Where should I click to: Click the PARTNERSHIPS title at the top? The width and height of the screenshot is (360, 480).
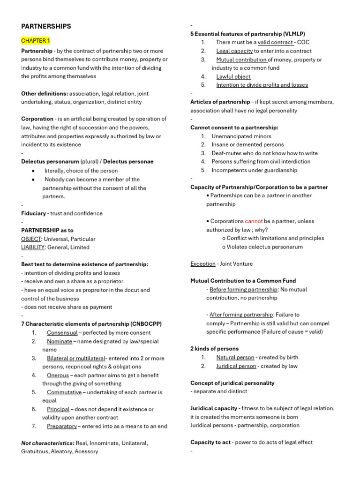click(46, 26)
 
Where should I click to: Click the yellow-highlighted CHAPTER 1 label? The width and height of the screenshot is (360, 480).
click(36, 41)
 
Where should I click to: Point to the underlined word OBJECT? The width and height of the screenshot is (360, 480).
click(31, 239)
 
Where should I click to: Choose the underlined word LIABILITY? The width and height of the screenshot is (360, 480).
click(33, 247)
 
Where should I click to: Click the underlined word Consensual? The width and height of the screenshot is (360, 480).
click(62, 333)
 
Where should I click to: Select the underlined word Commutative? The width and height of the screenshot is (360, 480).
click(64, 392)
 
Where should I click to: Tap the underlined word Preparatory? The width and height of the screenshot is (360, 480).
click(62, 426)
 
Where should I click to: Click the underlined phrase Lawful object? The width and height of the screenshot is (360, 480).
click(233, 76)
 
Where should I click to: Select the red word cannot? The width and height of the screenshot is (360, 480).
click(254, 221)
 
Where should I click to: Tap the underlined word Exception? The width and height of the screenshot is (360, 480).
click(203, 264)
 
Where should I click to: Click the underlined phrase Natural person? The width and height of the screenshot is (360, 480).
click(235, 358)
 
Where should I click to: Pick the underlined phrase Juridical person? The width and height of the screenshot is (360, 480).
click(236, 366)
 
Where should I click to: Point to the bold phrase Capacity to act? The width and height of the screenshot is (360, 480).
click(210, 442)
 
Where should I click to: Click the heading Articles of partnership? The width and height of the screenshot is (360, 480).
click(220, 102)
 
